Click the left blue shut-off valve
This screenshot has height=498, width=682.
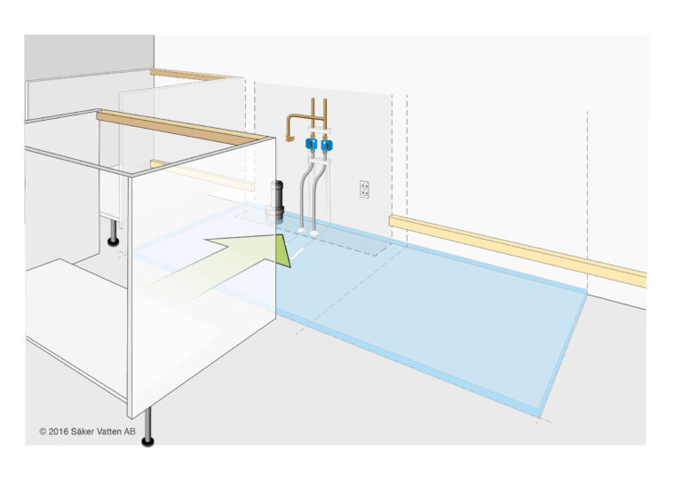[x=311, y=144]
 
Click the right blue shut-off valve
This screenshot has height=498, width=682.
[x=327, y=145]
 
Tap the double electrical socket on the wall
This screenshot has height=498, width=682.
[x=364, y=189]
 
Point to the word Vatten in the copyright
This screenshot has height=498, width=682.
[x=107, y=431]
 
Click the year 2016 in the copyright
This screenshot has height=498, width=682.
[x=59, y=431]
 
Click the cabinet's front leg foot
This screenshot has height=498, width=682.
[x=148, y=442]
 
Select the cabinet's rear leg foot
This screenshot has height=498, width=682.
[x=114, y=241]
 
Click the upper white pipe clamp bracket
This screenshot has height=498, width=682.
[x=319, y=130]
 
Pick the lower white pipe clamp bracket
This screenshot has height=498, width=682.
[x=320, y=161]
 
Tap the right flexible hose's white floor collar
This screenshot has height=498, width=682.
[x=314, y=233]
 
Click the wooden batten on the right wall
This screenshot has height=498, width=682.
[x=518, y=250]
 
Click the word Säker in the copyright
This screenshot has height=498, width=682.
[x=81, y=431]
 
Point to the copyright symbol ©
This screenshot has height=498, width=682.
[x=43, y=431]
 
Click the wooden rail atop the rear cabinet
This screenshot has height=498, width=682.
[x=192, y=75]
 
